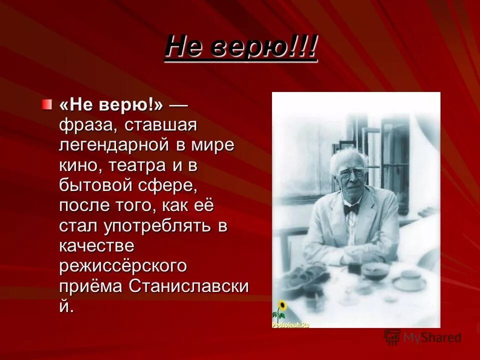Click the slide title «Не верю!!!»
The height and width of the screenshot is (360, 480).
[241, 48]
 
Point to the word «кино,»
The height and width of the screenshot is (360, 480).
[77, 165]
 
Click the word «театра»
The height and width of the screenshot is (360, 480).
[133, 165]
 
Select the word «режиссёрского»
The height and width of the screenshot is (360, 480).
[123, 265]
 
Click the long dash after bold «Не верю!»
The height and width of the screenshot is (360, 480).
[178, 105]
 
